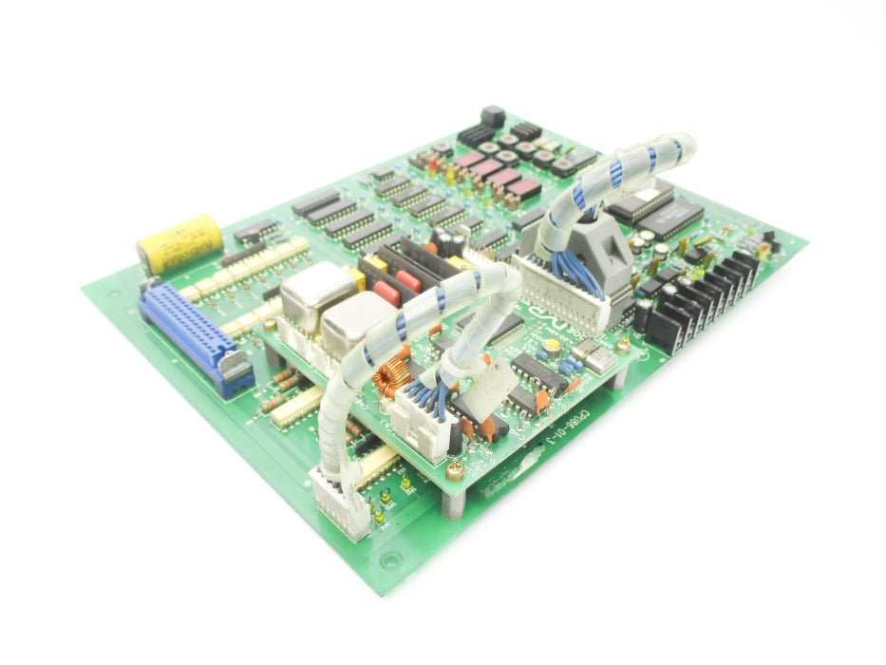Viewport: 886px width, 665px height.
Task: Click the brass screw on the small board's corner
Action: tap(456, 468)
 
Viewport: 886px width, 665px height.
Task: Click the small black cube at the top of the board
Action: tap(492, 117)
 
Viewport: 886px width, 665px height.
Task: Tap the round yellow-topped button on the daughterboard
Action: tap(551, 351)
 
